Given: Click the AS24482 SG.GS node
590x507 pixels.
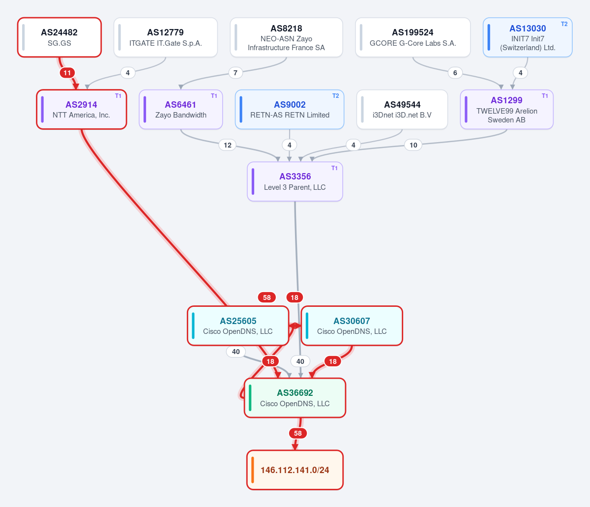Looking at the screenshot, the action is point(59,37).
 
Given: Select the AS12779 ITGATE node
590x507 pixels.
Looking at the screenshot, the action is point(166,37).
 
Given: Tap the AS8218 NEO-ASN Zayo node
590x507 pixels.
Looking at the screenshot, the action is point(286,37).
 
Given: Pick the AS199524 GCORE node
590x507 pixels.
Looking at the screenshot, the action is point(413,37).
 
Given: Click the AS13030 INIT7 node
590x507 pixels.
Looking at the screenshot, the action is point(528,37).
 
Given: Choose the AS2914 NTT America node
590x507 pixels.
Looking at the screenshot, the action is point(81,109).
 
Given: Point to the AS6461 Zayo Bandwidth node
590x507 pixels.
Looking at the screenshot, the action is point(180,109).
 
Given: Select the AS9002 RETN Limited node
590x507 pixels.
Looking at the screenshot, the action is point(290,109).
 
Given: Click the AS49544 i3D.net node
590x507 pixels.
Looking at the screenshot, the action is point(402,109).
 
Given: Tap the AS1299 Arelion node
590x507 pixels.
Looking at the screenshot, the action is point(506,109).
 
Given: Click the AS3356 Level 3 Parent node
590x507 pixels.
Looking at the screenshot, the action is point(295,181).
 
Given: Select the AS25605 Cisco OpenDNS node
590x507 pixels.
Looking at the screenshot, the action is point(238,326).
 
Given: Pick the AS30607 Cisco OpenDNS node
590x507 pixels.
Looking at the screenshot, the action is point(352,326).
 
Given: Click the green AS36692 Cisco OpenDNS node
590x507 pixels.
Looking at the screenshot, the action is point(295,398).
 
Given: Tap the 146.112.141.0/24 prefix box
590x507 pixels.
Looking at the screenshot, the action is point(295,470).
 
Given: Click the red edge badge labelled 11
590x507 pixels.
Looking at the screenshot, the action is point(67,73).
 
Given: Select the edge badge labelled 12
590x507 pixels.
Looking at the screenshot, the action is point(228,145).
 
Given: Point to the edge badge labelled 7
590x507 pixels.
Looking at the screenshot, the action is point(235,73).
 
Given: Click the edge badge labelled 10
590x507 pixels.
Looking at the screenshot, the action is point(413,145).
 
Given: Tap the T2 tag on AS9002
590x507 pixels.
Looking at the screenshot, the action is point(335,96).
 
